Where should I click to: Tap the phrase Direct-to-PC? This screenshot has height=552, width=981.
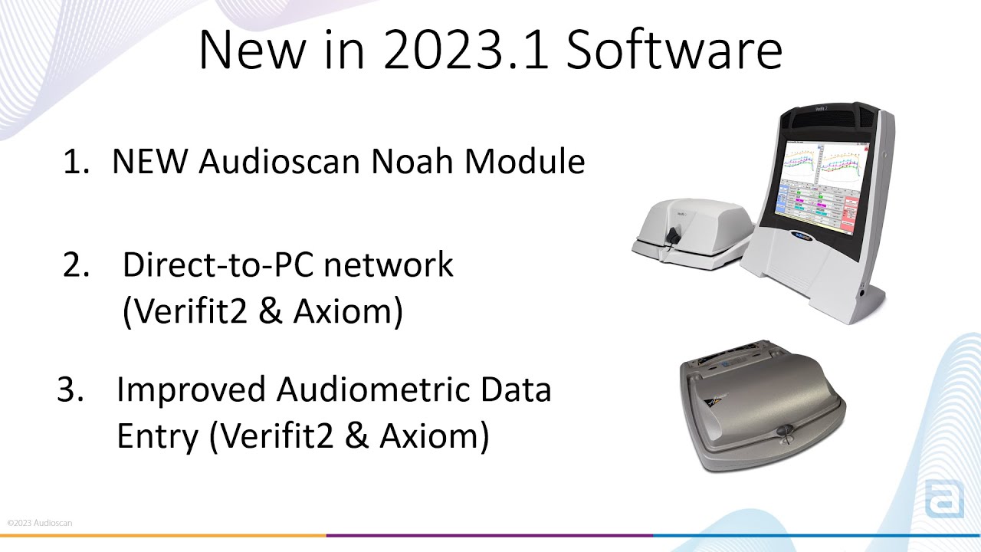[218, 265]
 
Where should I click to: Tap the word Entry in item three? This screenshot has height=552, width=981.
[157, 437]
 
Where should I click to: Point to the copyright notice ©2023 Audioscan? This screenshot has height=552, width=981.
[40, 523]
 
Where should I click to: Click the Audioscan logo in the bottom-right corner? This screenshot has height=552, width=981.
[943, 499]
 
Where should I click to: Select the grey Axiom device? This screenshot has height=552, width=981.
[762, 402]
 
